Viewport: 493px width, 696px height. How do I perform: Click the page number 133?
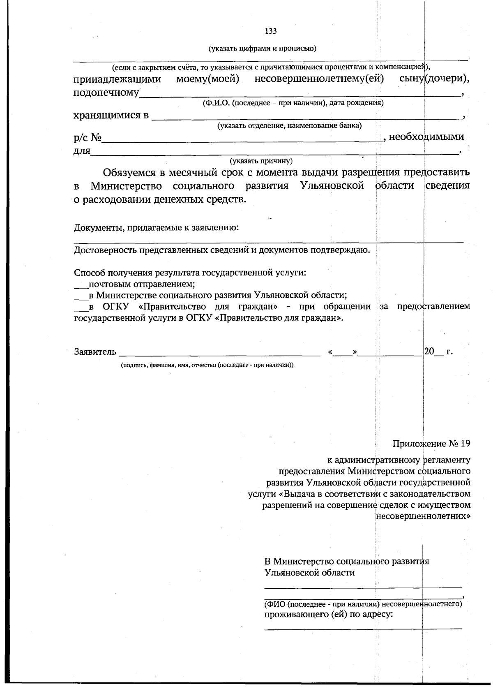[271, 31]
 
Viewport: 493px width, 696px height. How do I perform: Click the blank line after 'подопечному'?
[300, 94]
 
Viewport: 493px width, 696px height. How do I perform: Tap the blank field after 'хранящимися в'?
[306, 116]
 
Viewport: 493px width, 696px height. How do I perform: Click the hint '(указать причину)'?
[261, 161]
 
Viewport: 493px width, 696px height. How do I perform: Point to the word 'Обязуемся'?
[129, 172]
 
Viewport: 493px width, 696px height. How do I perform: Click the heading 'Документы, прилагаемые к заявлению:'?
[156, 228]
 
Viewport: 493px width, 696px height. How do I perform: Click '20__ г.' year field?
[438, 352]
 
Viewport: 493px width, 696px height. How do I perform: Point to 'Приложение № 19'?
[431, 444]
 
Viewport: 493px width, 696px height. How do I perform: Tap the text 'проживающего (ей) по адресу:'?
[328, 615]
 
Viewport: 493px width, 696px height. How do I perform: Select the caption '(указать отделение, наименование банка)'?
[289, 125]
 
